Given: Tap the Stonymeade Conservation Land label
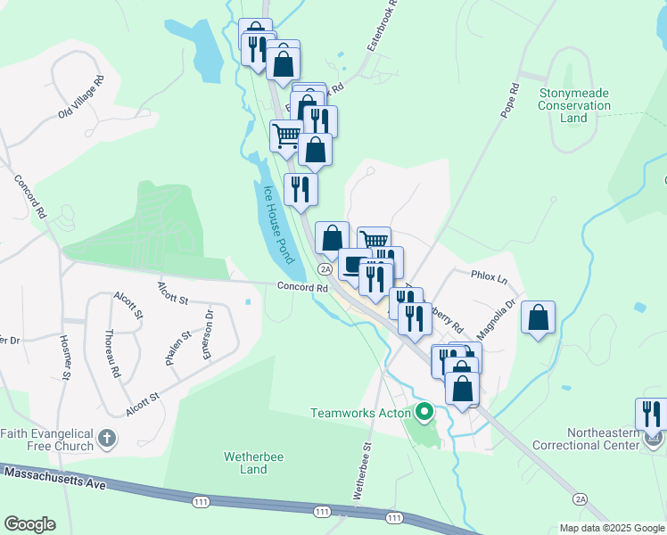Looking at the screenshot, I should click(574, 105).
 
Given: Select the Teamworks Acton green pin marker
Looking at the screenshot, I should click(424, 413).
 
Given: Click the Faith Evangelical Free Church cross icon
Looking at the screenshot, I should click(106, 438).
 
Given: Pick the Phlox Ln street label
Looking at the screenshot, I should click(490, 278).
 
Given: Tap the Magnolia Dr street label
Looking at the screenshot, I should click(497, 318).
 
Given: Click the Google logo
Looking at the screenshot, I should click(29, 524).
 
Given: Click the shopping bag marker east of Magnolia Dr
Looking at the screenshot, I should click(539, 318).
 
